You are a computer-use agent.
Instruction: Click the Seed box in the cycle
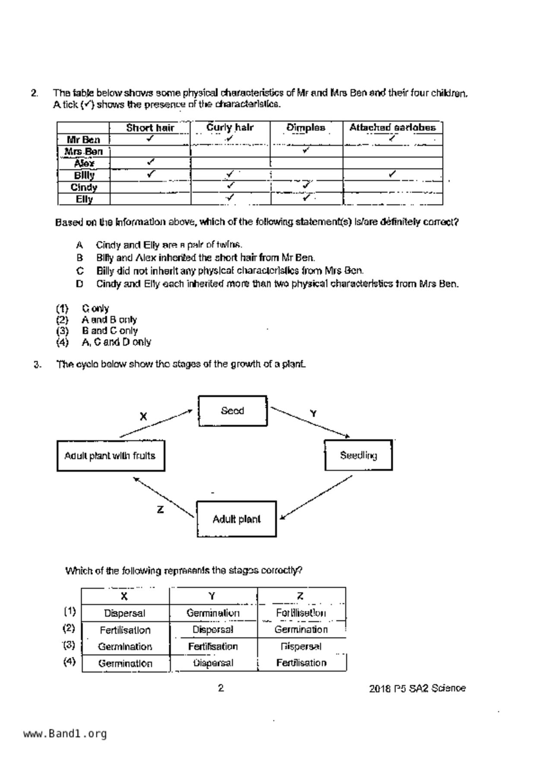(232, 411)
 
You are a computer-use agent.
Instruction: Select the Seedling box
(358, 455)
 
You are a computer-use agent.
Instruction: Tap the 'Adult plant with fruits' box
(111, 455)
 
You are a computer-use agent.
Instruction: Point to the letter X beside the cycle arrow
(143, 417)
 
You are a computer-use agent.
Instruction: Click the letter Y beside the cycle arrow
(313, 414)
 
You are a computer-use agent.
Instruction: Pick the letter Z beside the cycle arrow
(160, 510)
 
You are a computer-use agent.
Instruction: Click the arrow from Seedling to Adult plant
(316, 497)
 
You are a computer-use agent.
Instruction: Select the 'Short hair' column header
(150, 128)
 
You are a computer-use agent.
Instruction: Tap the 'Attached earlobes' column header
(393, 127)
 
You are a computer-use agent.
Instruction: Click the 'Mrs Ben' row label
(84, 152)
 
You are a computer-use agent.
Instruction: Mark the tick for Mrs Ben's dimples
(306, 150)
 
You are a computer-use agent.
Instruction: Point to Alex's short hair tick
(150, 162)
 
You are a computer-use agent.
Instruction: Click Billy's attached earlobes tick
(392, 174)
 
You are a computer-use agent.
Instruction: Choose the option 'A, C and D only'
(116, 342)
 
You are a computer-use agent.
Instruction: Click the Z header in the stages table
(301, 596)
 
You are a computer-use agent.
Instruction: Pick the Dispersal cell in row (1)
(125, 613)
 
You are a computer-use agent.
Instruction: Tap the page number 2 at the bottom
(221, 688)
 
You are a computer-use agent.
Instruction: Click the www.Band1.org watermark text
(65, 734)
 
